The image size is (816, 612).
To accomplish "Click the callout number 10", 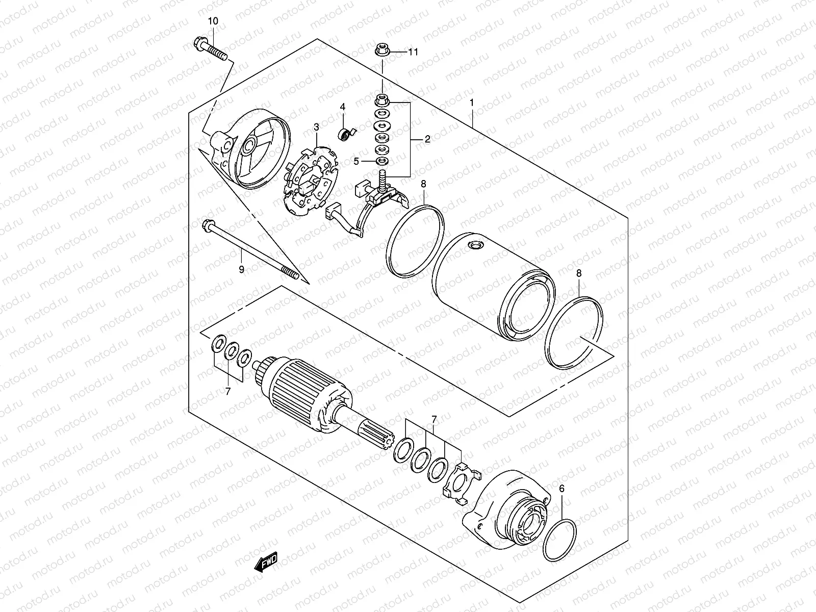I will (213, 21).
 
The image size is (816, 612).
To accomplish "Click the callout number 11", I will (413, 52).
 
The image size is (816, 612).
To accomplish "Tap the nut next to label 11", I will (381, 50).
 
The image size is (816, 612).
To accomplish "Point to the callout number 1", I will (472, 103).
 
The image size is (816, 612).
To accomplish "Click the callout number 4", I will (343, 107).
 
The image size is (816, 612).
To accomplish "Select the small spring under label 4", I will (346, 135).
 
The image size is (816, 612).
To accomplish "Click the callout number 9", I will (242, 269).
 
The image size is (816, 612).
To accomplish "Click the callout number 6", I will (562, 489).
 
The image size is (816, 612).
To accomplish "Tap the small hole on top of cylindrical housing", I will (476, 246).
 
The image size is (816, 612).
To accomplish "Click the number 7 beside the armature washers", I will (228, 391).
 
